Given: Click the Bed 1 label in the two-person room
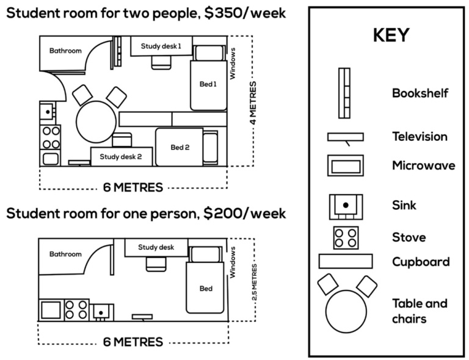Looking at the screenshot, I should pyautogui.click(x=208, y=84).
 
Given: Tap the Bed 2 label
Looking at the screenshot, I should pyautogui.click(x=180, y=147).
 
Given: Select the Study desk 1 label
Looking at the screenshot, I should pyautogui.click(x=161, y=46).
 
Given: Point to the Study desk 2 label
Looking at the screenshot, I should pyautogui.click(x=121, y=156).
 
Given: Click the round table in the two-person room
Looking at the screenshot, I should pyautogui.click(x=95, y=121).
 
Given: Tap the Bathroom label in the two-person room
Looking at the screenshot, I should pyautogui.click(x=65, y=51).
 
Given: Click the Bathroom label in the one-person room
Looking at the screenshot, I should pyautogui.click(x=65, y=254).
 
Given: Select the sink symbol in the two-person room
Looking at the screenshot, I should pyautogui.click(x=48, y=112).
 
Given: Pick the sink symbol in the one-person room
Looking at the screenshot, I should pyautogui.click(x=100, y=312).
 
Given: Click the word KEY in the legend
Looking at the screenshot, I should pyautogui.click(x=390, y=36).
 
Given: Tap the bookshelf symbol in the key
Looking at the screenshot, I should pyautogui.click(x=345, y=93).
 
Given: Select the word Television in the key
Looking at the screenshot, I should pyautogui.click(x=420, y=137).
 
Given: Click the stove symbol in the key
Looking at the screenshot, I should pyautogui.click(x=345, y=237).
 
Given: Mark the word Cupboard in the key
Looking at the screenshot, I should pyautogui.click(x=421, y=262).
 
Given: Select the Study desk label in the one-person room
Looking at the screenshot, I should pyautogui.click(x=156, y=247).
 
